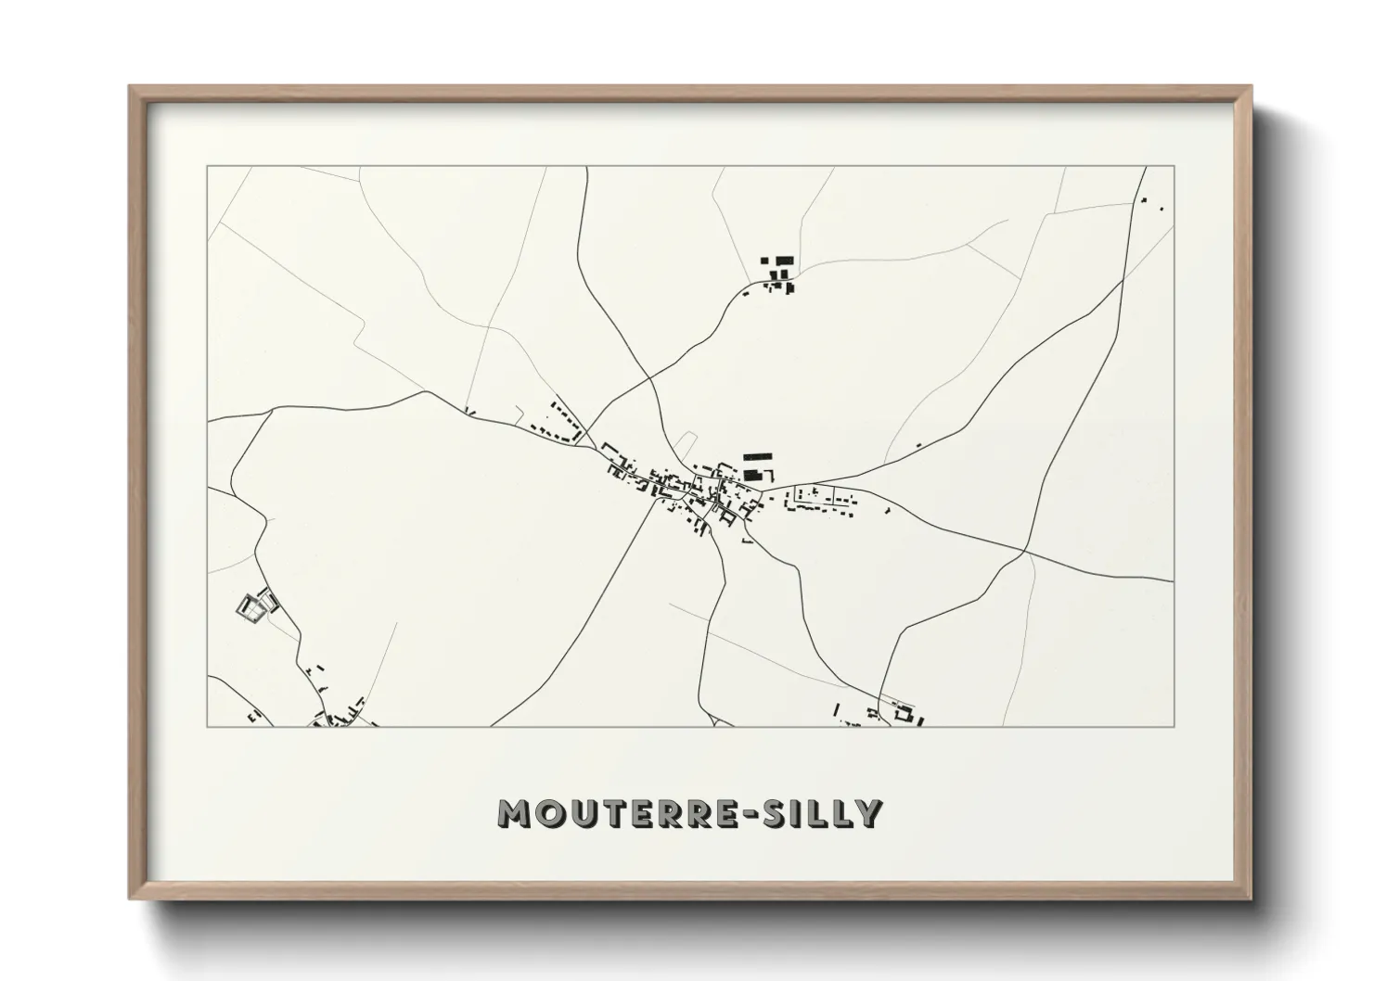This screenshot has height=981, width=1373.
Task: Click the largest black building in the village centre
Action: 758,457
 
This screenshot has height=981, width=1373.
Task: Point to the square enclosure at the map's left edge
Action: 252,607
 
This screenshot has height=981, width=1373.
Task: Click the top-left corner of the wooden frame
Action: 131,88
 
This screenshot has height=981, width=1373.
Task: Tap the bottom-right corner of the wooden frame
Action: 1250,898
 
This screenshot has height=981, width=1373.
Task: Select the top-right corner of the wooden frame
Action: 1250,88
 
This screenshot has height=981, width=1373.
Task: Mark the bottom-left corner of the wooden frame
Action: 131,898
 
